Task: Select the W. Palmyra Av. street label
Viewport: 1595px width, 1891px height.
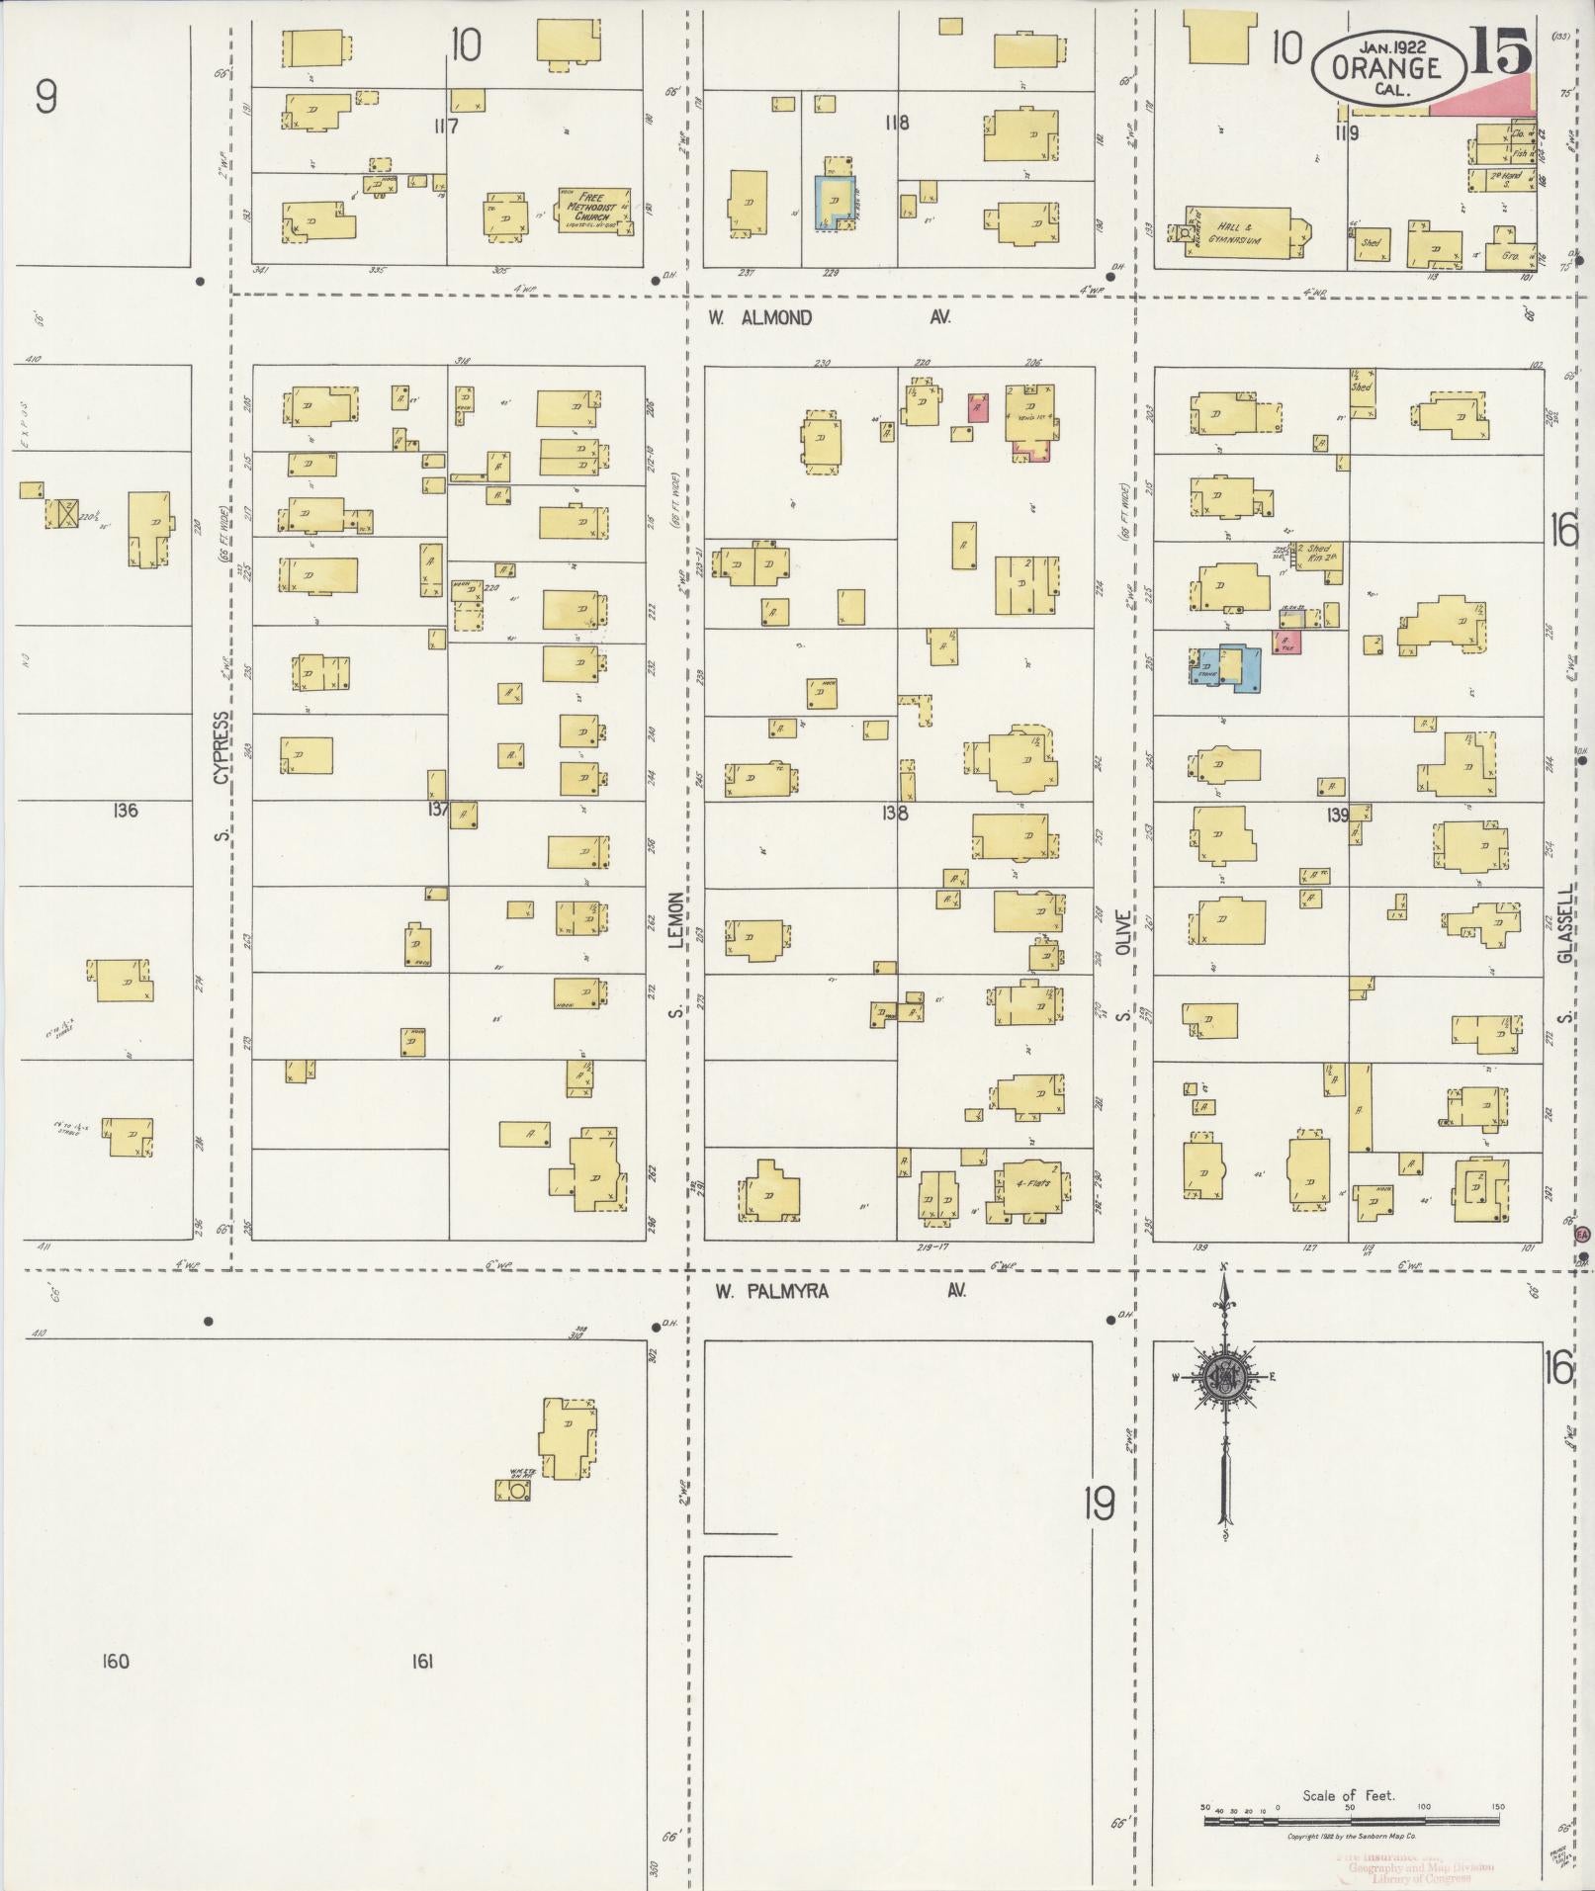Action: point(841,1291)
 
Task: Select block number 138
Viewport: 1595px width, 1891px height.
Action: point(896,814)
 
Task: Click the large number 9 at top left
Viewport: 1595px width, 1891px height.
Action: point(44,97)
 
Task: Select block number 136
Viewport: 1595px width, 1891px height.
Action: point(126,811)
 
